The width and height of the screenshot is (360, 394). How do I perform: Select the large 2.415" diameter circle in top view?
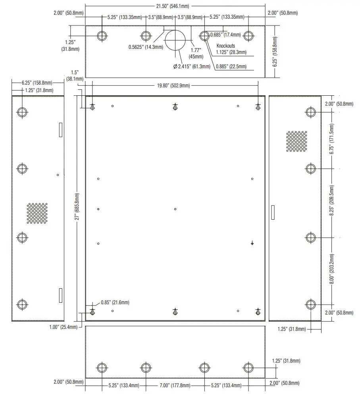coord(175,40)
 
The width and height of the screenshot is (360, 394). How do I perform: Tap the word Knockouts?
coord(225,46)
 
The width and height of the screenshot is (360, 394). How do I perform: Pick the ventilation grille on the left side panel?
coord(37,213)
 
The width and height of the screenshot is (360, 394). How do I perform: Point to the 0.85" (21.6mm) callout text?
coord(115,303)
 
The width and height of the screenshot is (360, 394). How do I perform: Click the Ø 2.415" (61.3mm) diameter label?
coord(192,66)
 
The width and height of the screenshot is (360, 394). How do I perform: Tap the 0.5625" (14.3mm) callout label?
coord(145,47)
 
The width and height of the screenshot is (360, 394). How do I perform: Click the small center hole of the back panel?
coord(175,209)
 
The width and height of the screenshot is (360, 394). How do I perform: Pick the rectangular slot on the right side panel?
coord(272,212)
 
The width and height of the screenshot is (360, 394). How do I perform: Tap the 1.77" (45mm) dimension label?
coord(196,53)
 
